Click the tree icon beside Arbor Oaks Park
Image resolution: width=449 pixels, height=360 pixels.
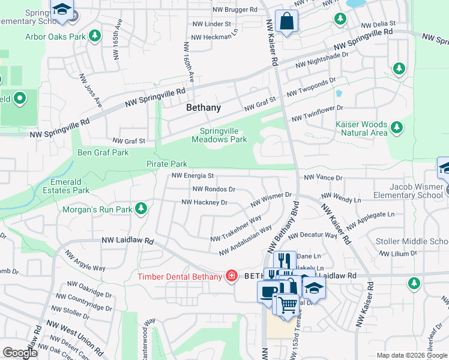click(94, 37)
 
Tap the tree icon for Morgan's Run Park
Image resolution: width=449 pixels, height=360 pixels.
click(141, 209)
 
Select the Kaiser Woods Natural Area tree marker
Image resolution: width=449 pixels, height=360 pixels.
click(396, 127)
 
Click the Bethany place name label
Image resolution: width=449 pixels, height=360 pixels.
click(203, 108)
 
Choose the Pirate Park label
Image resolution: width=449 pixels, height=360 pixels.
click(167, 164)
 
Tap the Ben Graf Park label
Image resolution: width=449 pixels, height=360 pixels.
click(103, 152)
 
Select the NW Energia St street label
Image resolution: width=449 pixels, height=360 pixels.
click(193, 176)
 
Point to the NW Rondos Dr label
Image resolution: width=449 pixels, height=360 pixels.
click(213, 189)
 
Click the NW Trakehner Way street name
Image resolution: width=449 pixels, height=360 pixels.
click(236, 229)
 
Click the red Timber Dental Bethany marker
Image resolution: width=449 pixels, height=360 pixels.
click(231, 276)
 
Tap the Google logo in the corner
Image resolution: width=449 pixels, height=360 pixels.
click(20, 353)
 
